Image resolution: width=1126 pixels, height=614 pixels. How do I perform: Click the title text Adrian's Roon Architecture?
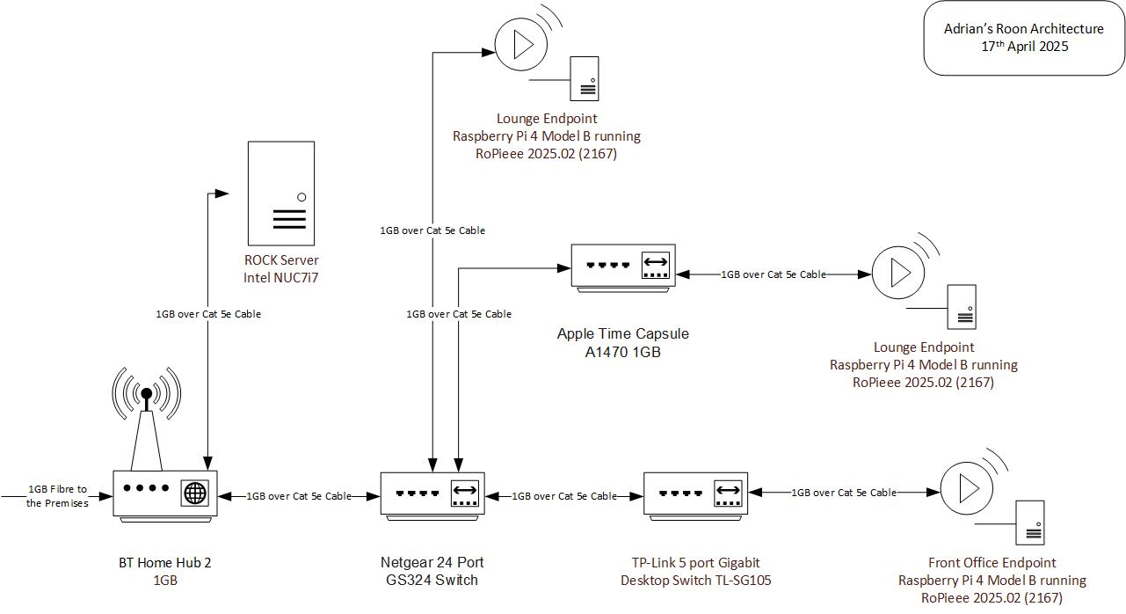pyautogui.click(x=1023, y=29)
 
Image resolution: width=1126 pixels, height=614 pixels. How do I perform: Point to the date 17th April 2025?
pyautogui.click(x=1025, y=47)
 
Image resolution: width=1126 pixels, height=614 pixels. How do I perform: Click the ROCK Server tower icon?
pyautogui.click(x=281, y=193)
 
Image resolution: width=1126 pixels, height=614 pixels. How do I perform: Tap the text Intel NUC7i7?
pyautogui.click(x=281, y=278)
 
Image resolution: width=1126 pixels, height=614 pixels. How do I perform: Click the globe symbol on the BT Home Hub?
pyautogui.click(x=195, y=493)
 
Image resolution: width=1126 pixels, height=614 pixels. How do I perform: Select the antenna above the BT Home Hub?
pyautogui.click(x=147, y=413)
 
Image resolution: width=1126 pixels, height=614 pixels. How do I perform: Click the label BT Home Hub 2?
pyautogui.click(x=165, y=563)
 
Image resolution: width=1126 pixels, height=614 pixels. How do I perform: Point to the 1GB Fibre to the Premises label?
pyautogui.click(x=57, y=496)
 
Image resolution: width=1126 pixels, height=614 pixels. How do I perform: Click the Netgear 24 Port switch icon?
pyautogui.click(x=432, y=493)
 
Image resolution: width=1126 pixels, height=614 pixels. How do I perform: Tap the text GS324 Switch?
pyautogui.click(x=432, y=580)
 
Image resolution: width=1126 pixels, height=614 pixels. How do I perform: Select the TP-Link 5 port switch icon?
pyautogui.click(x=696, y=493)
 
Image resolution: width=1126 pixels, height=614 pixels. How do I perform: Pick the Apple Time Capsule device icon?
pyautogui.click(x=624, y=266)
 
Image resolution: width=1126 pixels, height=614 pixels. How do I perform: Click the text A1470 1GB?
pyautogui.click(x=622, y=352)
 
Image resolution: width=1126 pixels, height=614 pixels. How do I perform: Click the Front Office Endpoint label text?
pyautogui.click(x=992, y=563)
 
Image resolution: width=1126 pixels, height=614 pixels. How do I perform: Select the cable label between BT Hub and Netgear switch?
pyautogui.click(x=299, y=496)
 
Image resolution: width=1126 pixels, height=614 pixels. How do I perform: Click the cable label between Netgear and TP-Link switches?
pyautogui.click(x=564, y=496)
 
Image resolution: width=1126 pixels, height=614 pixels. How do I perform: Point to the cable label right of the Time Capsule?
pyautogui.click(x=774, y=274)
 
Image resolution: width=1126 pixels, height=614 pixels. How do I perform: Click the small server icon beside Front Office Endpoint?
pyautogui.click(x=1031, y=523)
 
